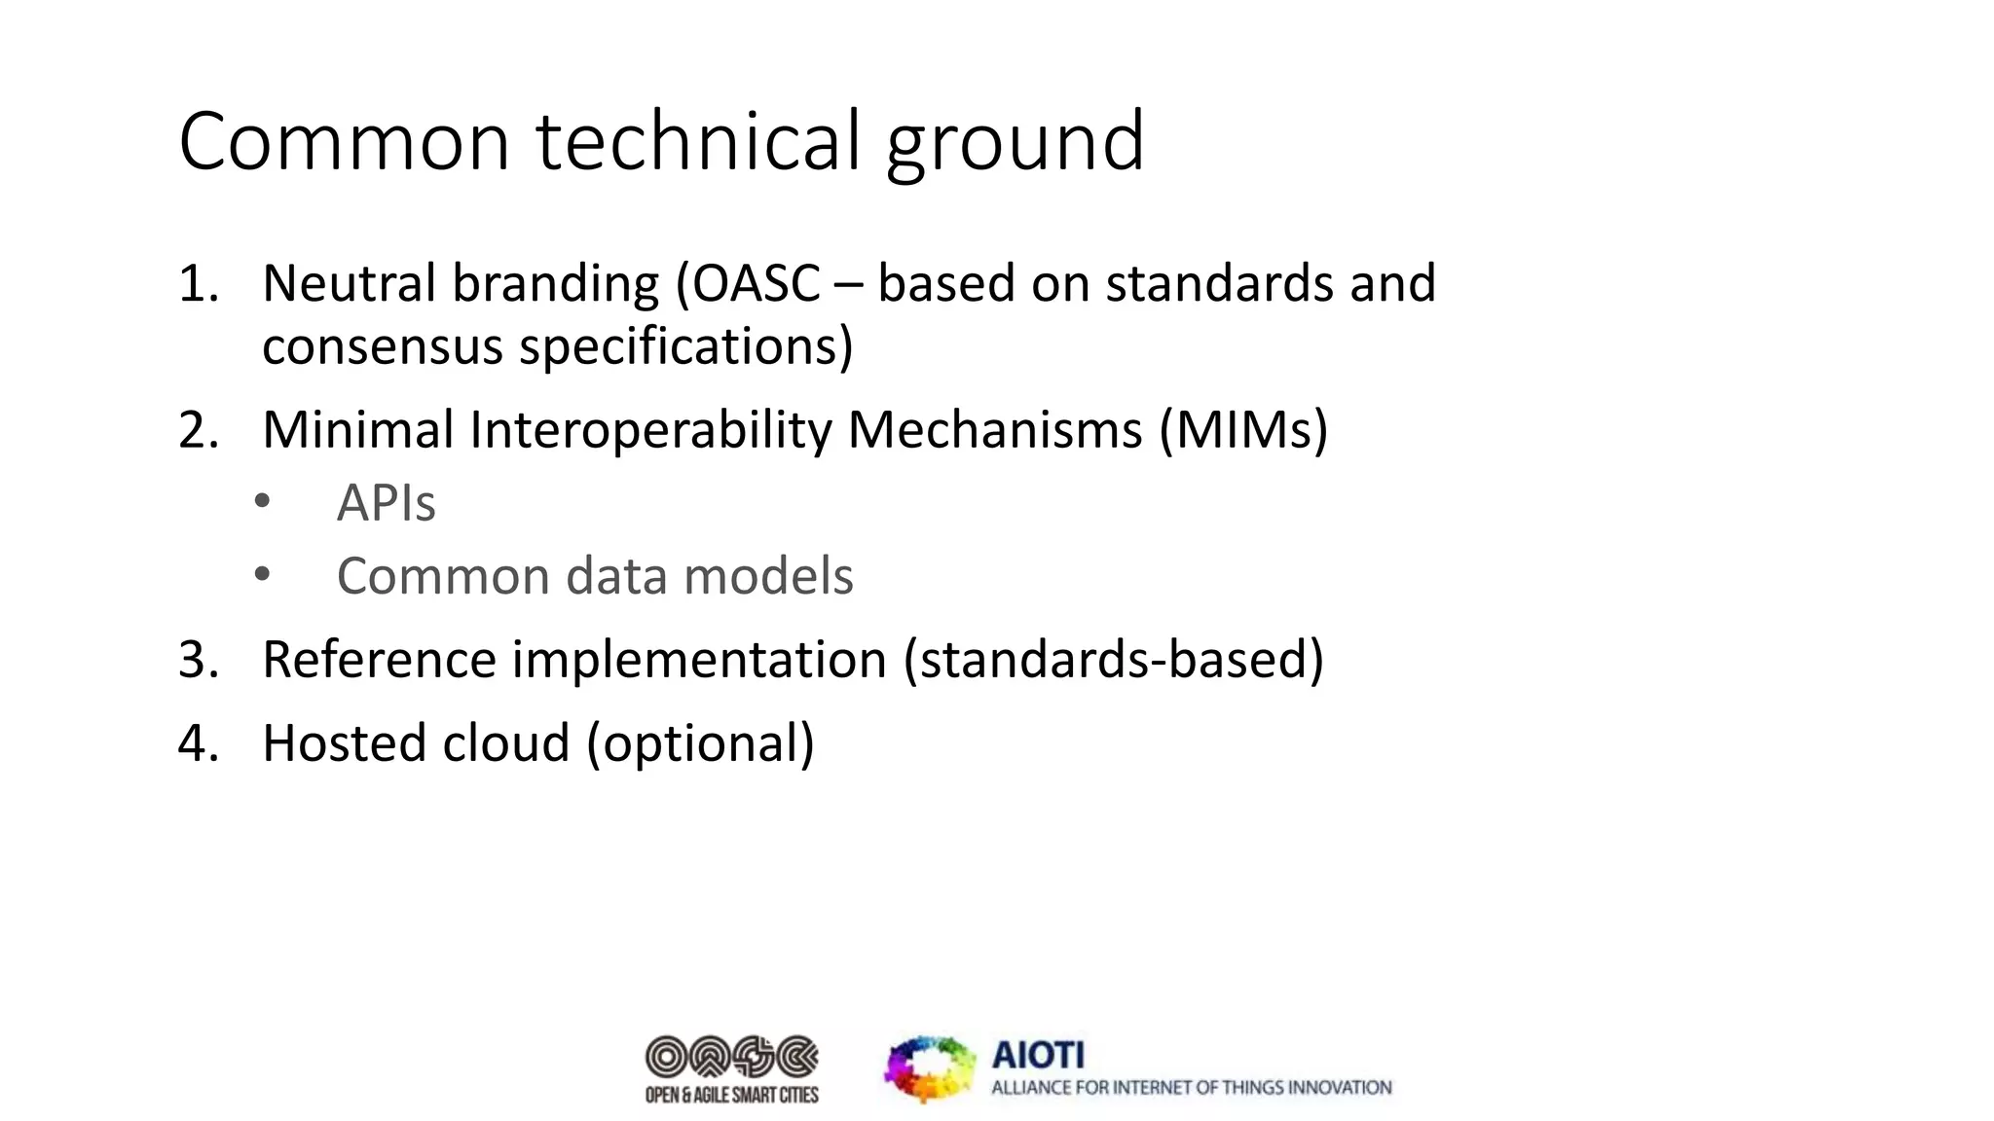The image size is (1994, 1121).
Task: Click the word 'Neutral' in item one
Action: pos(349,284)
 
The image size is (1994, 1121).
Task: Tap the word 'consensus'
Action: pos(382,347)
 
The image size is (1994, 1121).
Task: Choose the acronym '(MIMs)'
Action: pos(1243,430)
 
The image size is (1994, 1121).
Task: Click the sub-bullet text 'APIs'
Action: pos(386,503)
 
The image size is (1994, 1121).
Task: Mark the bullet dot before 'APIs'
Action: pos(262,502)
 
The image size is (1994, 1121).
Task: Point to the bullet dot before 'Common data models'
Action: pos(262,574)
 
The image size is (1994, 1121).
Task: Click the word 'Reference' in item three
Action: pos(379,660)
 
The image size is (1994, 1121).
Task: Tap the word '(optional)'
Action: pos(700,744)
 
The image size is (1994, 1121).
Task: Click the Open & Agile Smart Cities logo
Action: pos(732,1069)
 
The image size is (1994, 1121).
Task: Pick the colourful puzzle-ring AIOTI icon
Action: pos(930,1068)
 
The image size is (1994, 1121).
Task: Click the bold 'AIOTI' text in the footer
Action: pos(1038,1055)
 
